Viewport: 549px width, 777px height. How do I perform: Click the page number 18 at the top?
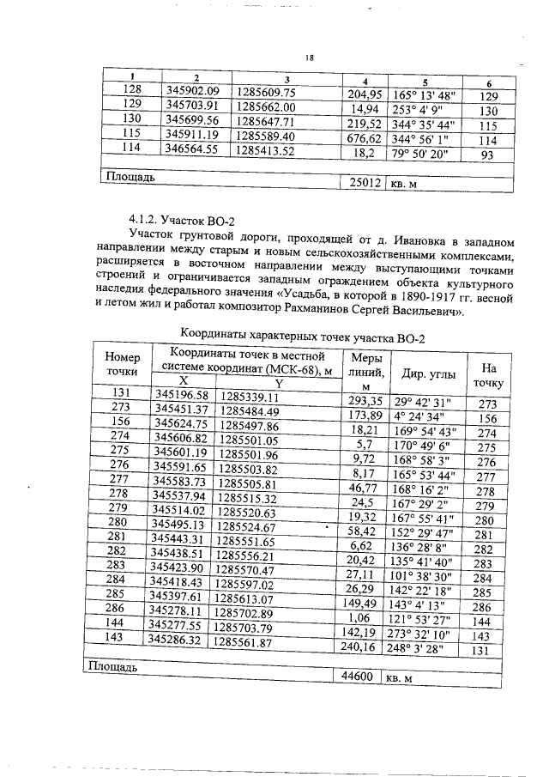(x=310, y=58)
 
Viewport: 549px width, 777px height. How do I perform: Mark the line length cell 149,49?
(x=361, y=603)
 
